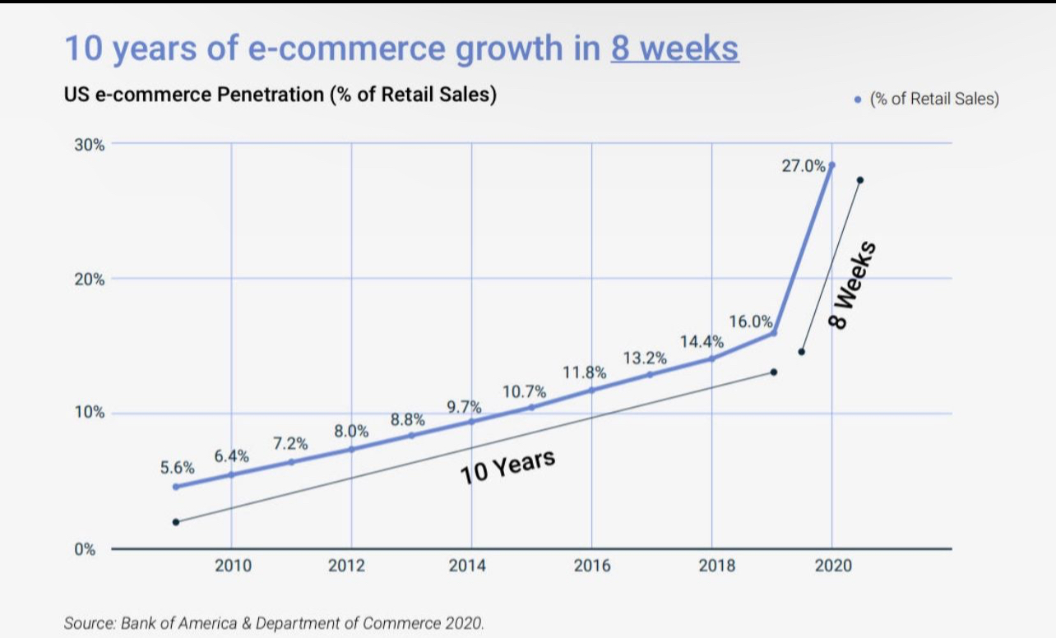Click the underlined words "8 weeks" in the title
(674, 49)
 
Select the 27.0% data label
(804, 166)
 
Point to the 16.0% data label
(750, 321)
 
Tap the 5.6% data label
(178, 468)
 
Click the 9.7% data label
(464, 407)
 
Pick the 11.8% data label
(584, 372)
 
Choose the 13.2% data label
(645, 358)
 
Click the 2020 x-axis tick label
(833, 566)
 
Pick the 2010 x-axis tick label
(233, 566)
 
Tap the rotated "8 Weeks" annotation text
(850, 285)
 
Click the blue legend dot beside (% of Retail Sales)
(859, 99)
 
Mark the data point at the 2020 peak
(831, 165)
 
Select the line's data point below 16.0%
(773, 333)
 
